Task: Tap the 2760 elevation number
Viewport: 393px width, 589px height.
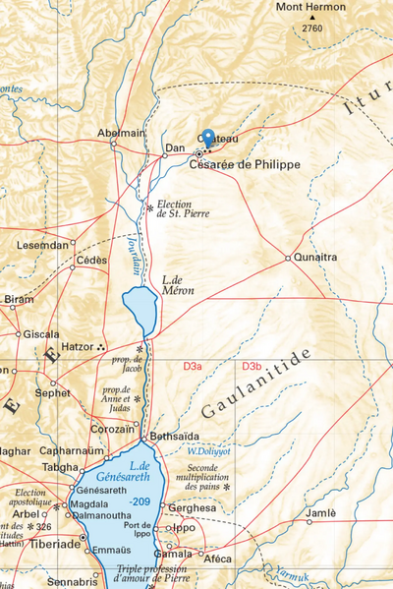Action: (x=312, y=29)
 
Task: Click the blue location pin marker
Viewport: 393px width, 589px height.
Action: (x=208, y=141)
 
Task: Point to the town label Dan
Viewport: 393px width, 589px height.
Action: (x=175, y=148)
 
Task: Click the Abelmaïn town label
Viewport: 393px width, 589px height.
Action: (x=122, y=133)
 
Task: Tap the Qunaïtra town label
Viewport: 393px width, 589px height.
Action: (x=315, y=258)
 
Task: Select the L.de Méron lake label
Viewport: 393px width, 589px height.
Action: (x=178, y=285)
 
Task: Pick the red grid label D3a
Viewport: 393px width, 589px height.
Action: (x=193, y=367)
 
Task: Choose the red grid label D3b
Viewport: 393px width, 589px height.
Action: (x=252, y=367)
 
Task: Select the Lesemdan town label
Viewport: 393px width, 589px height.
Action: (x=42, y=244)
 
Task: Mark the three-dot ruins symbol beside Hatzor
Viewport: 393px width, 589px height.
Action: (x=103, y=347)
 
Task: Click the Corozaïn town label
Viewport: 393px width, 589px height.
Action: (x=111, y=429)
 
